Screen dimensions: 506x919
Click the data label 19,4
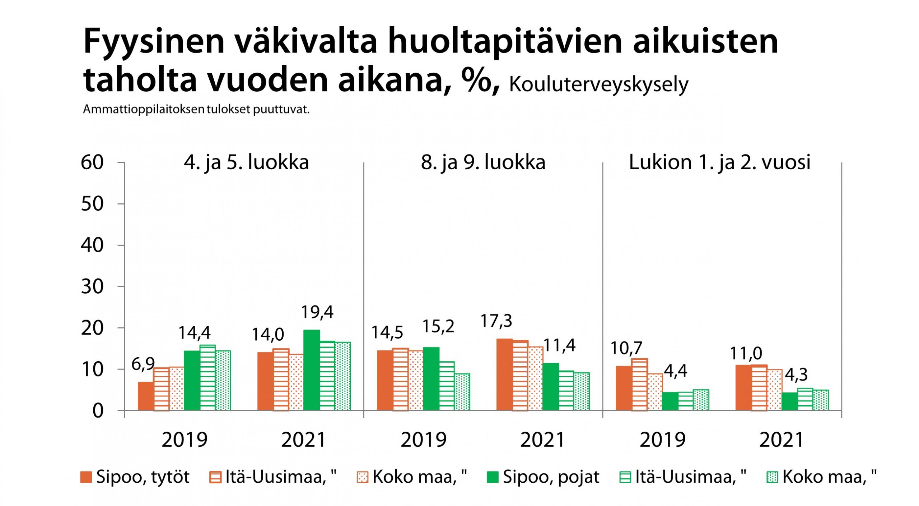click(317, 312)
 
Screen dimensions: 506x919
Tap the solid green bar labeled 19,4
click(311, 370)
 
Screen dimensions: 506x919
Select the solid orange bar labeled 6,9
click(146, 396)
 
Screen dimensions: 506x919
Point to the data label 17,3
click(496, 321)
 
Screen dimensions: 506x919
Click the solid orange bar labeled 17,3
click(504, 374)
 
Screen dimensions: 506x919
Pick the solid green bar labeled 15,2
click(431, 379)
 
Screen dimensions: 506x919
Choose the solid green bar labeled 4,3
click(789, 401)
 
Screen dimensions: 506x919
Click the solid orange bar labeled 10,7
click(624, 388)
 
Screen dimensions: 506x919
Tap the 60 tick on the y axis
click(92, 162)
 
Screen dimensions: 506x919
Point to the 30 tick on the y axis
click(92, 287)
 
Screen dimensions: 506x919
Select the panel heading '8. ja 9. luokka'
click(483, 162)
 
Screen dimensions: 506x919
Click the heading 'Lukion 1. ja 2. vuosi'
click(719, 162)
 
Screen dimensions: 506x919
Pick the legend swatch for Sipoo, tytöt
click(86, 477)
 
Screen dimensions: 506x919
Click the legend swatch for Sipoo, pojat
click(492, 477)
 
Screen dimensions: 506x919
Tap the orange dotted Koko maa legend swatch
click(363, 477)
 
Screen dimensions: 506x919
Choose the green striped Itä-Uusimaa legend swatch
click(625, 477)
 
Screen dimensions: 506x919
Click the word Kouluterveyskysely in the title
click(598, 85)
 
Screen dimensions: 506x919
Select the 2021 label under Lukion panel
click(782, 440)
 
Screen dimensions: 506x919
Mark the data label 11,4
click(559, 346)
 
